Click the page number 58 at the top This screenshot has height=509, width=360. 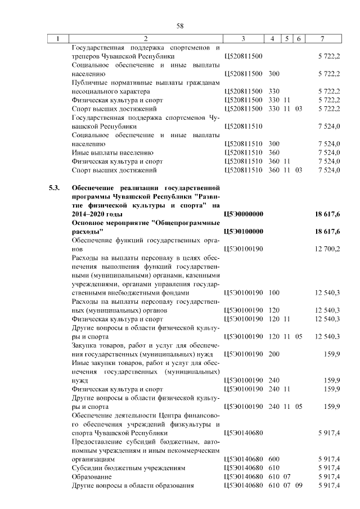[180, 26]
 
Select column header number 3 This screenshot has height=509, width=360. [243, 39]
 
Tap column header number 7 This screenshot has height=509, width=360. [322, 39]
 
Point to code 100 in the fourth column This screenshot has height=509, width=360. [274, 292]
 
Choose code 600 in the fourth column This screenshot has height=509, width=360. [274, 459]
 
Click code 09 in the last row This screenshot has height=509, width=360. [298, 485]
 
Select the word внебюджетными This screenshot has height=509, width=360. [120, 292]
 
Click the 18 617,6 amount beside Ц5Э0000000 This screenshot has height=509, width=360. [327, 214]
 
